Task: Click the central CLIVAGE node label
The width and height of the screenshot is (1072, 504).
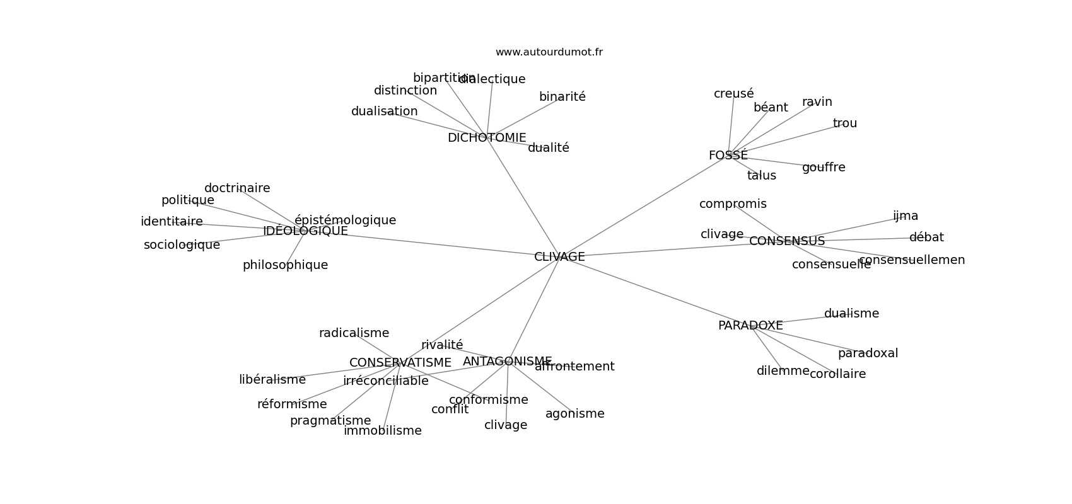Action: point(559,257)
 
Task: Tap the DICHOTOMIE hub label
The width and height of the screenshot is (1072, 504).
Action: point(486,138)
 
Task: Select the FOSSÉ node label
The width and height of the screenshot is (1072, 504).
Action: point(728,156)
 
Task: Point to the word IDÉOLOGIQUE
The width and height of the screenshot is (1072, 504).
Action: point(305,231)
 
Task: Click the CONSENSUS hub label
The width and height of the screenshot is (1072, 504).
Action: point(786,241)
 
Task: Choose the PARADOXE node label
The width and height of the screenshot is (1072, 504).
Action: point(750,326)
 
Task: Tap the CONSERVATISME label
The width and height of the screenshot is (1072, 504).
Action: point(400,363)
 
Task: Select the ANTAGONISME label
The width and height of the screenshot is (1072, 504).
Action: point(507,362)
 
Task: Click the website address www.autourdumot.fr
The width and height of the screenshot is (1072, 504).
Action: point(549,52)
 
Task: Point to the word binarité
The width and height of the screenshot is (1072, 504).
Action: point(562,97)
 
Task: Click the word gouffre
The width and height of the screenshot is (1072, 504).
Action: point(824,168)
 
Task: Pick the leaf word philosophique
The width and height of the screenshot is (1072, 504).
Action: point(285,265)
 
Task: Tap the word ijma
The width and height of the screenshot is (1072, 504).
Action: point(905,216)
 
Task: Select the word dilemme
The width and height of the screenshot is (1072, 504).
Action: point(783,371)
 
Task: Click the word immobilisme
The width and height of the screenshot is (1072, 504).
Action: point(382,431)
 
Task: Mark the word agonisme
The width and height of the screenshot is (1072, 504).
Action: point(574,414)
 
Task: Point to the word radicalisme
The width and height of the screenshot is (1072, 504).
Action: point(354,333)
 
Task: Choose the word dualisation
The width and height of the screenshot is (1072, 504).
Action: point(384,112)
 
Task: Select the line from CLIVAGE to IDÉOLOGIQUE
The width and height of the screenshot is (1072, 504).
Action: point(435,244)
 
